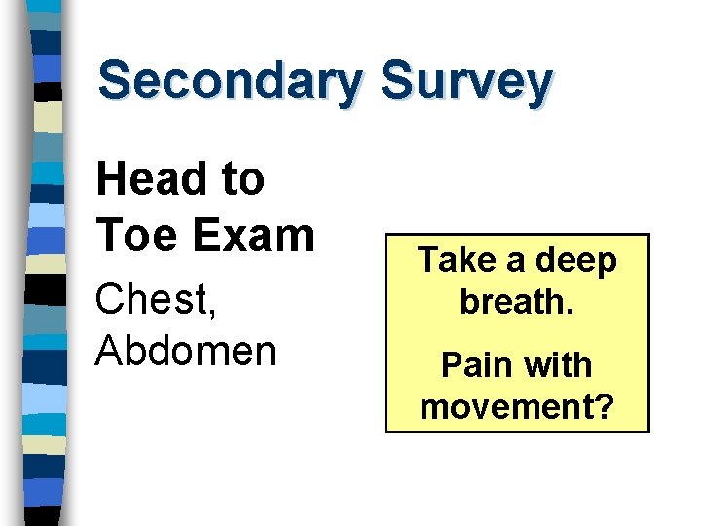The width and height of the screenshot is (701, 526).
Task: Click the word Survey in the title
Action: (x=466, y=81)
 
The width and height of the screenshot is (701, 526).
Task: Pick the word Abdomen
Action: (x=185, y=351)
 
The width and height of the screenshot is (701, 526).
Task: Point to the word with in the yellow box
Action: (x=560, y=365)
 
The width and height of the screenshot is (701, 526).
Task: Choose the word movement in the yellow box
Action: (x=505, y=407)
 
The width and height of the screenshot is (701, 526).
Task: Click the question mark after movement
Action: (x=604, y=407)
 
